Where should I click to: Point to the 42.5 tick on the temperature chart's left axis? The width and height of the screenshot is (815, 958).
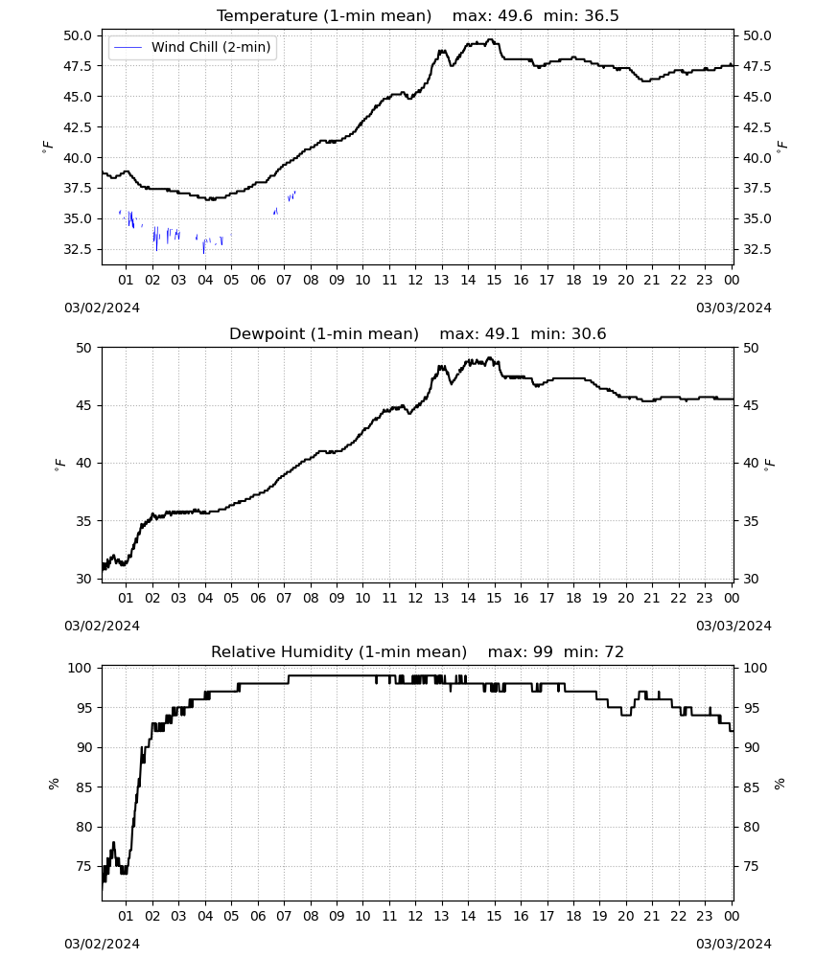78,127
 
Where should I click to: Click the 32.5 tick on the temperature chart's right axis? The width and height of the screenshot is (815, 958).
757,249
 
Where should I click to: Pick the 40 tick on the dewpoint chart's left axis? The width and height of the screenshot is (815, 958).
83,463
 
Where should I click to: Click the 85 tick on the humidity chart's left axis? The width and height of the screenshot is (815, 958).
83,787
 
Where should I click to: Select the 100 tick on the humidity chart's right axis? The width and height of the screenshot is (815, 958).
756,669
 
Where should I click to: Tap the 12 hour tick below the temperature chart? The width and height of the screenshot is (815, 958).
415,280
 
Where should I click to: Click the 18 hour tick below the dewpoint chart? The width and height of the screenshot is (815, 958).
573,598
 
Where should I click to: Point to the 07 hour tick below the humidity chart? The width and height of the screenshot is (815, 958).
284,917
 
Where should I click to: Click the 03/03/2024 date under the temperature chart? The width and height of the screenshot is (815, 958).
733,308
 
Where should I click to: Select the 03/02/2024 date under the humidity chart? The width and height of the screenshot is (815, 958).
102,944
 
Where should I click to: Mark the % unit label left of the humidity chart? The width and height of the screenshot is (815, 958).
54,784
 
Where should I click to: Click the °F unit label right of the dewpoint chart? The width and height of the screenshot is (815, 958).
770,464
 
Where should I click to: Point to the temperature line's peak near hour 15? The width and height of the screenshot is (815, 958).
490,39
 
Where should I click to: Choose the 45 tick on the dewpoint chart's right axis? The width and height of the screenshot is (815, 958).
751,405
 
